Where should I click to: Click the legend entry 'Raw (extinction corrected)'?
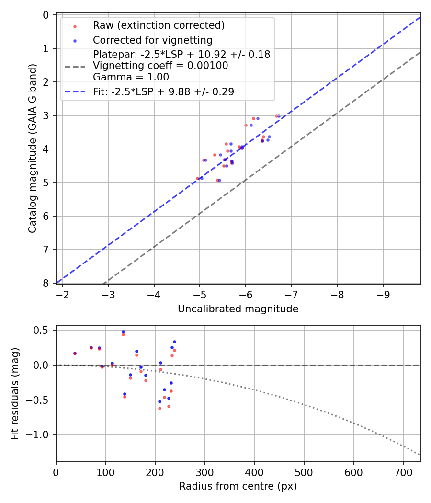[x=159, y=25]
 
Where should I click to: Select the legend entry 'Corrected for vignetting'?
[x=152, y=40]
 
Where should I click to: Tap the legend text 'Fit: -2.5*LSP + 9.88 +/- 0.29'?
[x=163, y=91]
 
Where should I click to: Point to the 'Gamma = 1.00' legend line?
[x=131, y=77]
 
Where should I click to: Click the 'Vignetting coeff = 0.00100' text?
[x=160, y=66]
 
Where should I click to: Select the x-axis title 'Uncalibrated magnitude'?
[x=238, y=309]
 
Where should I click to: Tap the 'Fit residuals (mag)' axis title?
[x=15, y=393]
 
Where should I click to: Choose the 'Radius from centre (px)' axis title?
[x=238, y=486]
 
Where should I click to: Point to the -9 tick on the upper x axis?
[x=383, y=293]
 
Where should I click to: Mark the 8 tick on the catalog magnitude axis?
[x=46, y=283]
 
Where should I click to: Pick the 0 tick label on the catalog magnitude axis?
[x=46, y=15]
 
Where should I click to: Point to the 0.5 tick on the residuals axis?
[x=42, y=330]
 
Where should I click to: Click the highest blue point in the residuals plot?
[x=123, y=332]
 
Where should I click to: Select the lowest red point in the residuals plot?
[x=159, y=408]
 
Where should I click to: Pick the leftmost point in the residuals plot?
[x=75, y=354]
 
